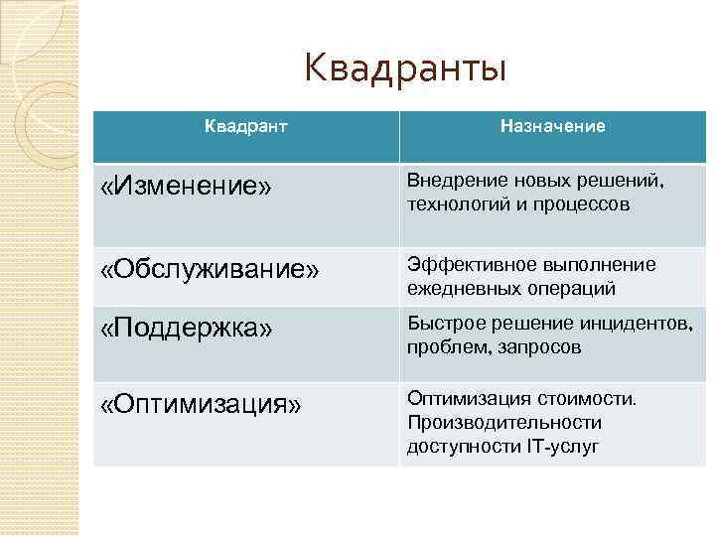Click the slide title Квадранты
tap(405, 69)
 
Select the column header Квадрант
tap(246, 127)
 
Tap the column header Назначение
tap(553, 127)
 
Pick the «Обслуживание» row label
tap(211, 271)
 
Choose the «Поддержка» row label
tap(187, 328)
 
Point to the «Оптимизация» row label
tap(201, 406)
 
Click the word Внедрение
tap(449, 180)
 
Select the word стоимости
tap(589, 398)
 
